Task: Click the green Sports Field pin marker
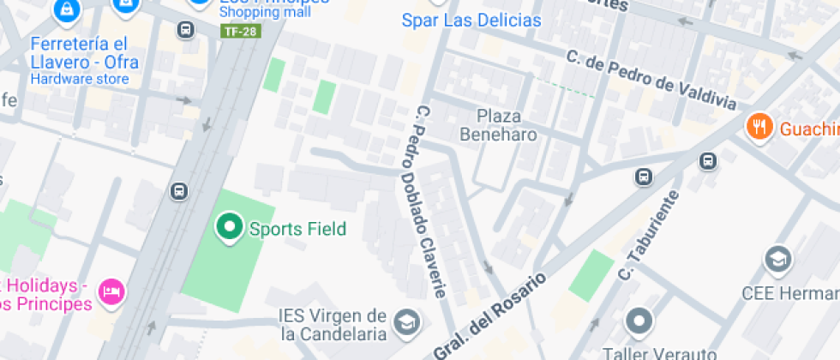(229, 227)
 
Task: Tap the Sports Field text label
(297, 229)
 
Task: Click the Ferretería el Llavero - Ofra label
(83, 52)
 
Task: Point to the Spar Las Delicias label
(471, 21)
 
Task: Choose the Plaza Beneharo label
(499, 125)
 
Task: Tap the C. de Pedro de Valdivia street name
(651, 81)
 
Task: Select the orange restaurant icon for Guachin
(759, 128)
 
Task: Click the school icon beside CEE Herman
(778, 259)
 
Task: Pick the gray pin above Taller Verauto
(639, 322)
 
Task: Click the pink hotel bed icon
(112, 292)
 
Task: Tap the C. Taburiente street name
(649, 235)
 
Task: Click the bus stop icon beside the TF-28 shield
(184, 30)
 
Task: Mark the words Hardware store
(80, 79)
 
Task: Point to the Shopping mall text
(265, 12)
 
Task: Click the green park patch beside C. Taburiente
(591, 275)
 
